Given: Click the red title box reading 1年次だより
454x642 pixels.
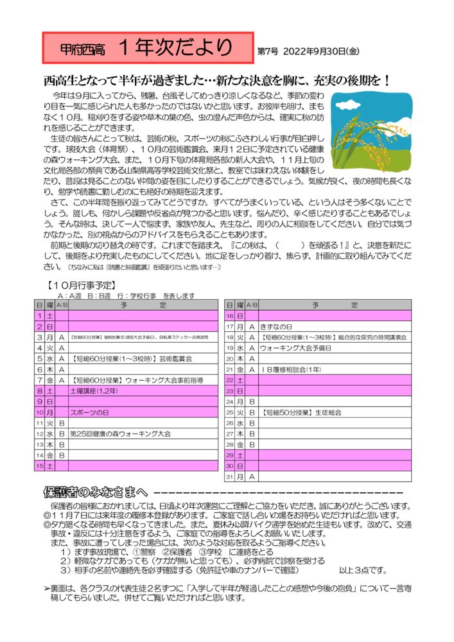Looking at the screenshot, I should [x=146, y=48].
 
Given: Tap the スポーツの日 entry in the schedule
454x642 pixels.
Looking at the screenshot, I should [x=91, y=412].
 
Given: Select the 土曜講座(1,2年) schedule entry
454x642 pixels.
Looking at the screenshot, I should [x=94, y=390].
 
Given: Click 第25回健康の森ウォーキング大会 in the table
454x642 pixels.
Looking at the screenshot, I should [x=120, y=434].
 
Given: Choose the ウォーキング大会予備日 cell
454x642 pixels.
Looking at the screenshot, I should [x=295, y=348].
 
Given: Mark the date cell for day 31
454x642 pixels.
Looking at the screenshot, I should [x=229, y=476].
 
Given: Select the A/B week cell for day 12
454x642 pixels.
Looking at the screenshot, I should [x=62, y=434].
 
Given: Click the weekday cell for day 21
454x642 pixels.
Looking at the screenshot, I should [x=240, y=369].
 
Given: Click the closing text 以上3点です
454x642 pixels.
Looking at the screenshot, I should [x=360, y=569].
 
